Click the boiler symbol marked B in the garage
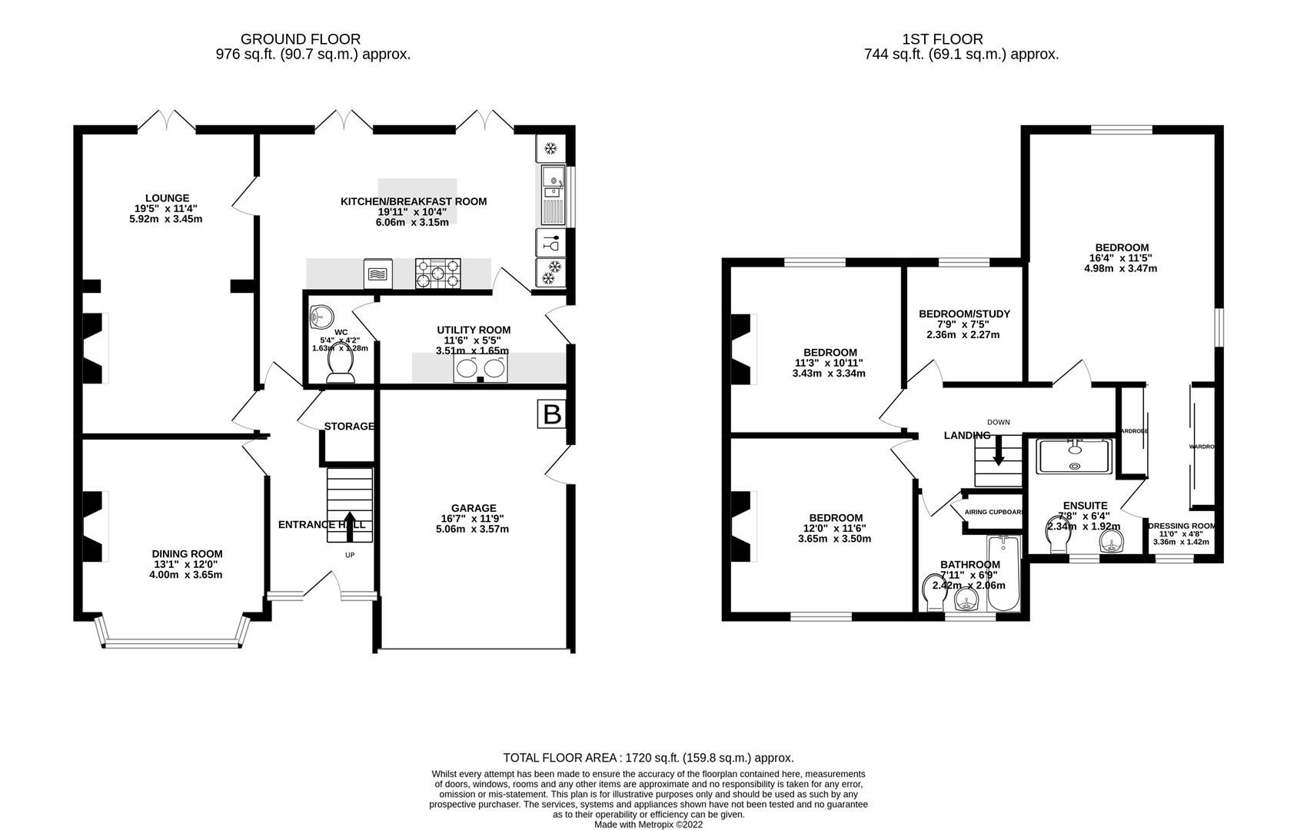tap(551, 415)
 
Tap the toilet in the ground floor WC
tap(341, 366)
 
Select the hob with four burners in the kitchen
tap(438, 273)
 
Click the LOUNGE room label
tap(167, 198)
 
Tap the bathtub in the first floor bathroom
tap(1005, 574)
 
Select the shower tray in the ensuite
tap(1074, 456)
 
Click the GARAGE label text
tap(473, 508)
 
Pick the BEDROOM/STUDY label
tap(964, 314)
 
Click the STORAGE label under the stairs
tap(349, 427)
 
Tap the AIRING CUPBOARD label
tap(993, 512)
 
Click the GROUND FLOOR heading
tap(300, 39)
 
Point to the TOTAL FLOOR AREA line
tap(648, 758)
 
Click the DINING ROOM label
tap(187, 553)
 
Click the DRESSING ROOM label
tap(1181, 526)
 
